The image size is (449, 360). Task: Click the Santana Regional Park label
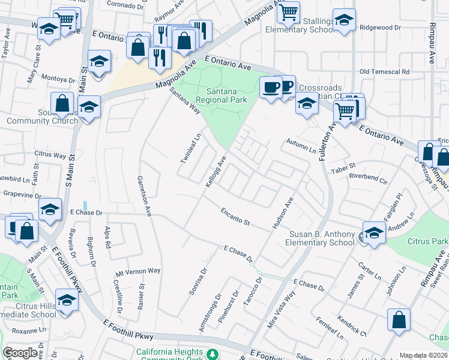tap(222, 95)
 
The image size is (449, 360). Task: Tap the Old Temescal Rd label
tap(384, 71)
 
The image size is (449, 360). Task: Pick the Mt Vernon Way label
tap(138, 271)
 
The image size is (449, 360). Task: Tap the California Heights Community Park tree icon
tap(212, 354)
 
